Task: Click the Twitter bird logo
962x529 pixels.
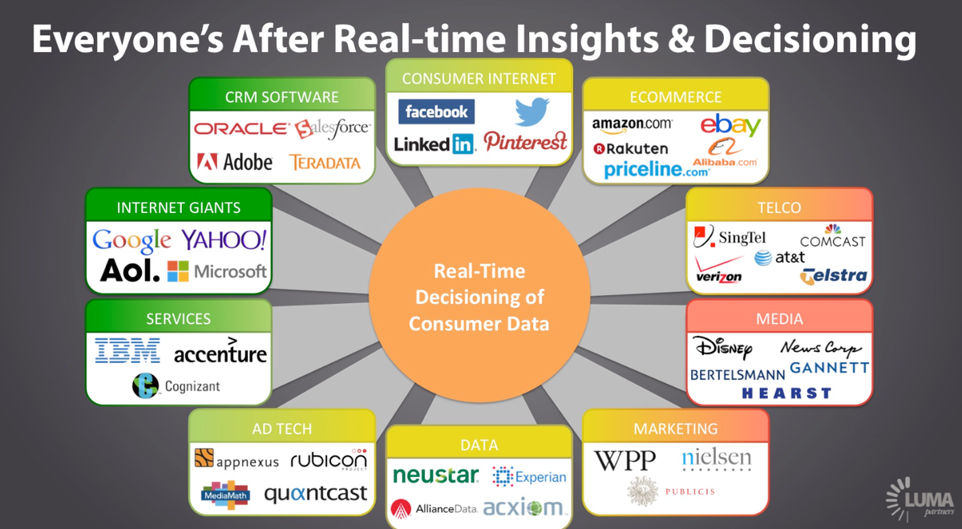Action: tap(532, 111)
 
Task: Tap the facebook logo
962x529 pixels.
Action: tap(436, 111)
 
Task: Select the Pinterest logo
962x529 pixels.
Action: tap(525, 142)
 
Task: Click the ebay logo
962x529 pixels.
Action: tap(730, 125)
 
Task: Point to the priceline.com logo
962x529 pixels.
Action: tap(657, 170)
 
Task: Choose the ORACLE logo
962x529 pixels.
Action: tap(242, 128)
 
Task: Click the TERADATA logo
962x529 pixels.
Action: tap(325, 163)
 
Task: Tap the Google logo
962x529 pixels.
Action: tap(131, 240)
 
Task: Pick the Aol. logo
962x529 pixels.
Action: tap(130, 271)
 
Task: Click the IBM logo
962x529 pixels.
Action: tap(127, 350)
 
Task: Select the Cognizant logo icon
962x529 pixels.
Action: tap(145, 386)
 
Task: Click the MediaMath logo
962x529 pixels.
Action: tap(225, 495)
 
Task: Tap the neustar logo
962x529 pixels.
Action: tap(435, 475)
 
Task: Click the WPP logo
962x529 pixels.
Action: tap(624, 461)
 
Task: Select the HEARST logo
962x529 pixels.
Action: tap(786, 394)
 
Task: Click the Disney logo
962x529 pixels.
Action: tap(723, 348)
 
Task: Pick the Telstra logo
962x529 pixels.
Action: tap(833, 276)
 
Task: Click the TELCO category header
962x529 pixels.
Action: tap(779, 208)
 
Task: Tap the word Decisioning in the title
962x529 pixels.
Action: tap(810, 39)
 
